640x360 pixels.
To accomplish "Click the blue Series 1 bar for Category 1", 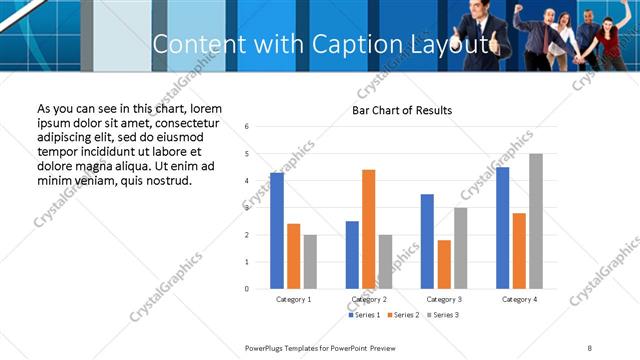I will pyautogui.click(x=277, y=231).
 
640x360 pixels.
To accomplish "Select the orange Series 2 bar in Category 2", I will pyautogui.click(x=369, y=229).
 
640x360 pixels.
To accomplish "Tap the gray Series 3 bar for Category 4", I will pyautogui.click(x=536, y=221).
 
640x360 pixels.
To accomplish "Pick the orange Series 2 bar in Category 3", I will pyautogui.click(x=444, y=264).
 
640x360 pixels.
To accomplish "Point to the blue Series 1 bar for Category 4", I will pyautogui.click(x=502, y=228).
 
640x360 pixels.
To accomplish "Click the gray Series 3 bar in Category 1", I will pyautogui.click(x=310, y=262).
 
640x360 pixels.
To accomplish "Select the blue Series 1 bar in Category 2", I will pyautogui.click(x=352, y=255).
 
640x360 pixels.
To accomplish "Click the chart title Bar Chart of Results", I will pyautogui.click(x=402, y=110).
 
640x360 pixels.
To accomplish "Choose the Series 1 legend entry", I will pyautogui.click(x=365, y=315).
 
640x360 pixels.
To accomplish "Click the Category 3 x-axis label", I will pyautogui.click(x=443, y=299).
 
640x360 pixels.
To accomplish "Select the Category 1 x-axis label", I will pyautogui.click(x=294, y=299).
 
